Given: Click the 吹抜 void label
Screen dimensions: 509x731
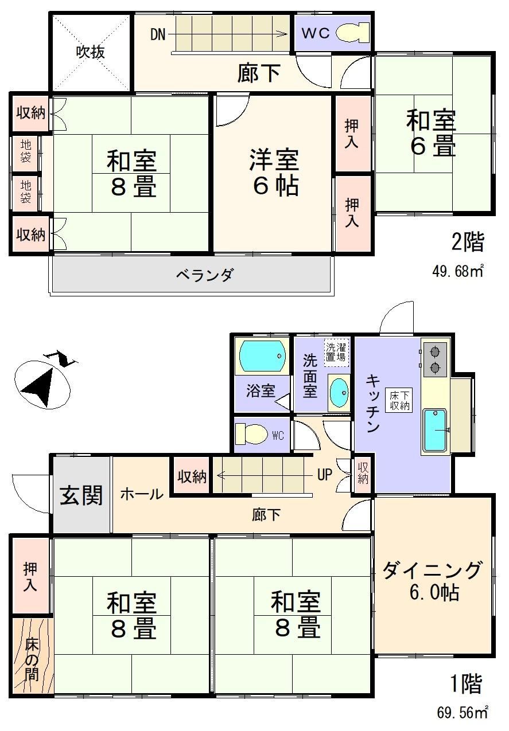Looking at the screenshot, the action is (x=91, y=52).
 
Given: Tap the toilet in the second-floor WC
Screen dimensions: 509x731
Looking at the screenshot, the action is (x=352, y=33).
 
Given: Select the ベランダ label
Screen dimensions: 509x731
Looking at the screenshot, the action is (x=205, y=275).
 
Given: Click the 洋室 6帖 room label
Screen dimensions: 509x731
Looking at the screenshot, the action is (x=274, y=173).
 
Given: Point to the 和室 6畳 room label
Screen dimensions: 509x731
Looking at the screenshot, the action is (x=432, y=133).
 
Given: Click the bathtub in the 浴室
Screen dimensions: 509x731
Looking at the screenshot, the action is (x=263, y=356).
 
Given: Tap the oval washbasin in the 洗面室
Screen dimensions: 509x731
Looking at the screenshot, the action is (x=339, y=393).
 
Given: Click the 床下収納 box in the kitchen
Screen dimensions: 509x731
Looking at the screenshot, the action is (x=399, y=400).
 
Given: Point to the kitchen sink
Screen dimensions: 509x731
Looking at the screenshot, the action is (x=435, y=431).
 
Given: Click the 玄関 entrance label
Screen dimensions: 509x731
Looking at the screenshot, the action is (x=81, y=495).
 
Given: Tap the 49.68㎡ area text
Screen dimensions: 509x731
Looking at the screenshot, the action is (x=458, y=271).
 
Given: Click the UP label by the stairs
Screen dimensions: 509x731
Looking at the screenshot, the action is (x=325, y=475).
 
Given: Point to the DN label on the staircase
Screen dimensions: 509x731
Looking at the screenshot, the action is (x=158, y=34).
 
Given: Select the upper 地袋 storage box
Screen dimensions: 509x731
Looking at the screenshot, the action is (x=25, y=152).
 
